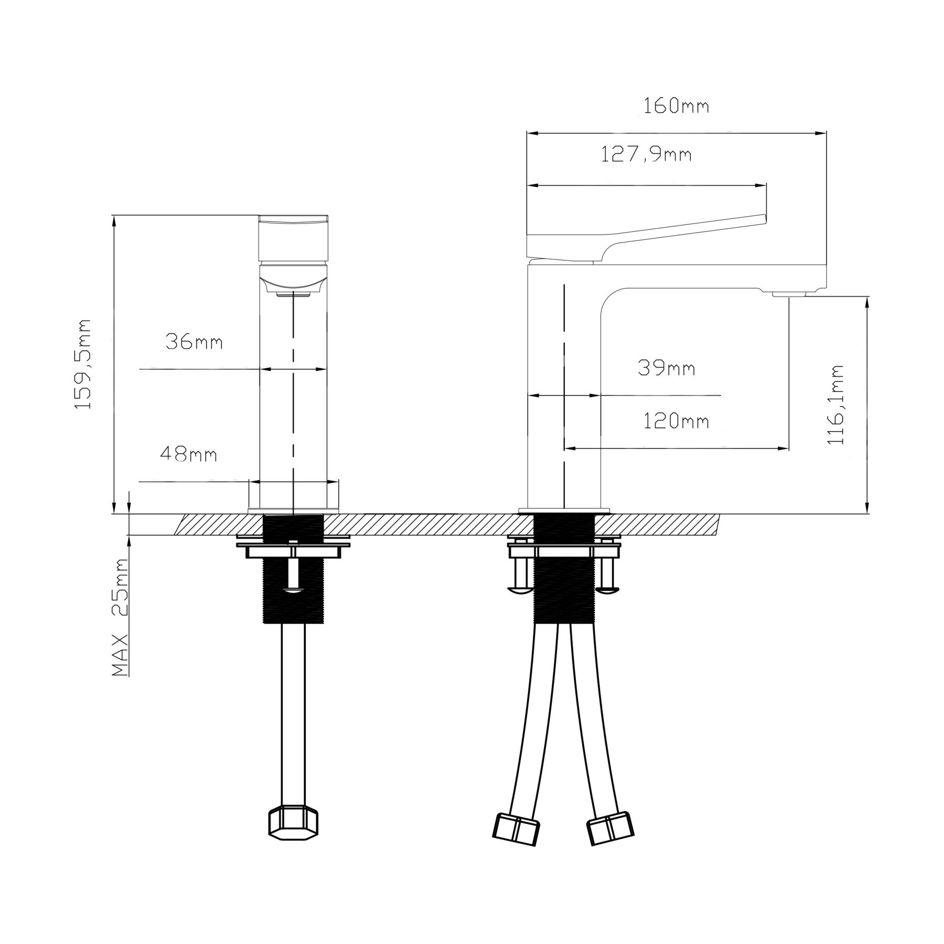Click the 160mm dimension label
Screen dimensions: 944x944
676,106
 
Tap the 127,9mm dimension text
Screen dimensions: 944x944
646,155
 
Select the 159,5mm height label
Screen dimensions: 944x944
83,364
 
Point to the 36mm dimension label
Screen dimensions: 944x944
194,342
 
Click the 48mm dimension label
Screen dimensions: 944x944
188,454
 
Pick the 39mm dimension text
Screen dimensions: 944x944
667,368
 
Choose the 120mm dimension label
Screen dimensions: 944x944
676,421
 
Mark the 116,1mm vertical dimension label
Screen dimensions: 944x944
835,405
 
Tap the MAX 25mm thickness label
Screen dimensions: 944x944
121,617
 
